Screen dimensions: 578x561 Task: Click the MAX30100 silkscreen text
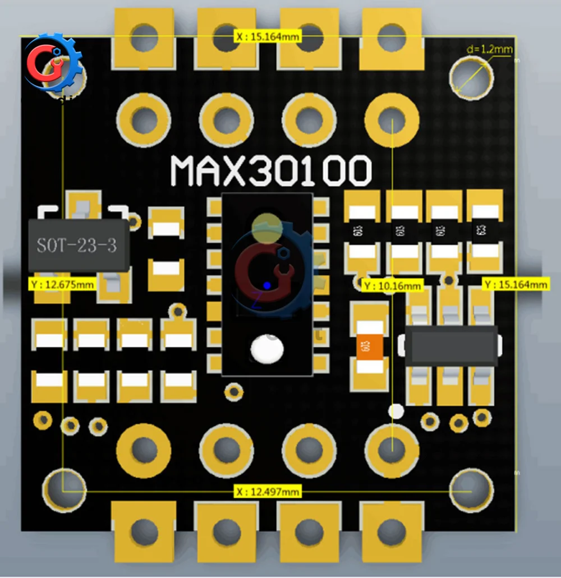click(x=271, y=170)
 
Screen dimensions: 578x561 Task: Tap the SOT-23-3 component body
click(x=79, y=245)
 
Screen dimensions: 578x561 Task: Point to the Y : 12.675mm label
click(x=62, y=284)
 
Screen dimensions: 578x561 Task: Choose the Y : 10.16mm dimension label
click(x=392, y=286)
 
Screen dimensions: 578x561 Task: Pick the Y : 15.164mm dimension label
click(x=515, y=285)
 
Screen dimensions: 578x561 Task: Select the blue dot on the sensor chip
click(x=267, y=285)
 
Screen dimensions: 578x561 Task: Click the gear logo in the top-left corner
click(x=53, y=63)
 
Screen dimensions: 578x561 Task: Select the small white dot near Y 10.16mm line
click(x=396, y=412)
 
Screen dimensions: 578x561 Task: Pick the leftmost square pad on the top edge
click(x=144, y=38)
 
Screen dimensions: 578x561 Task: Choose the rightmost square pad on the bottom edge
click(x=391, y=530)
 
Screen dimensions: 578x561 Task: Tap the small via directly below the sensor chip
click(x=233, y=390)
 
